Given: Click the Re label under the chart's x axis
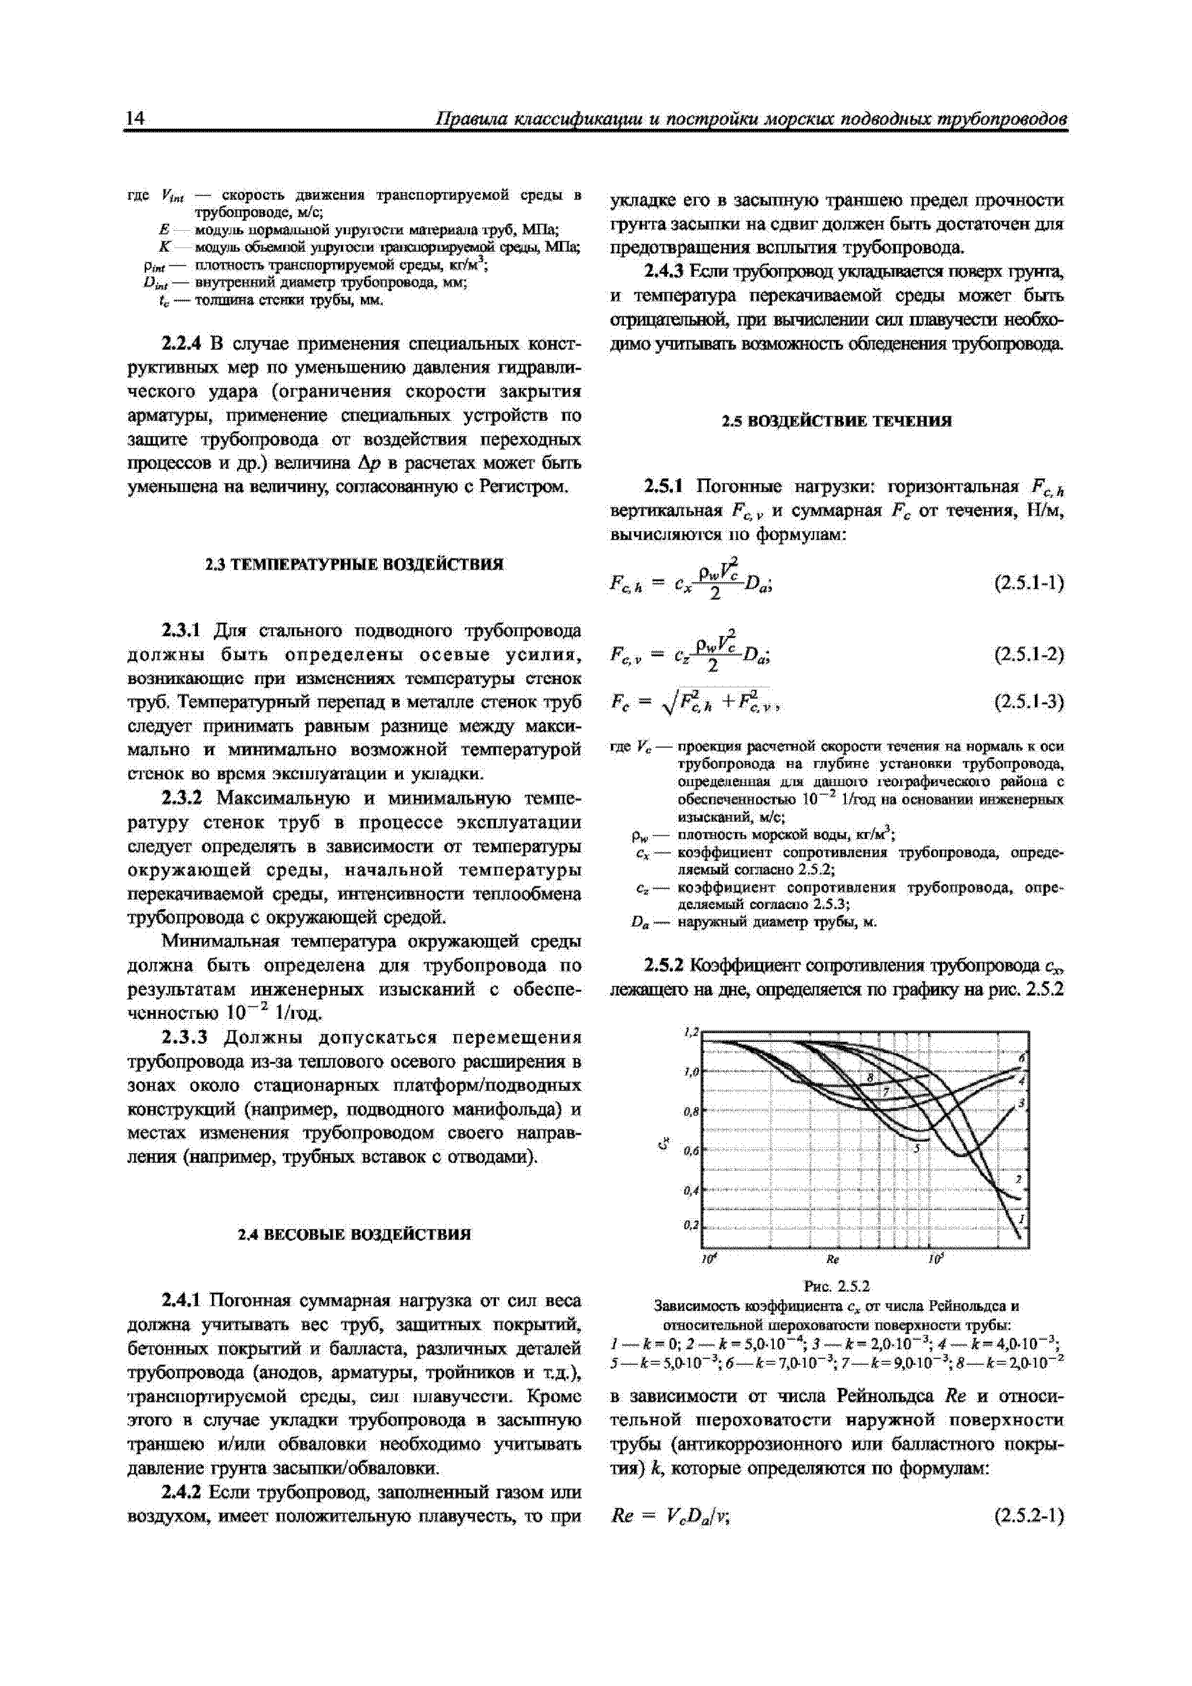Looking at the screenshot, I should click(x=832, y=1259).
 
